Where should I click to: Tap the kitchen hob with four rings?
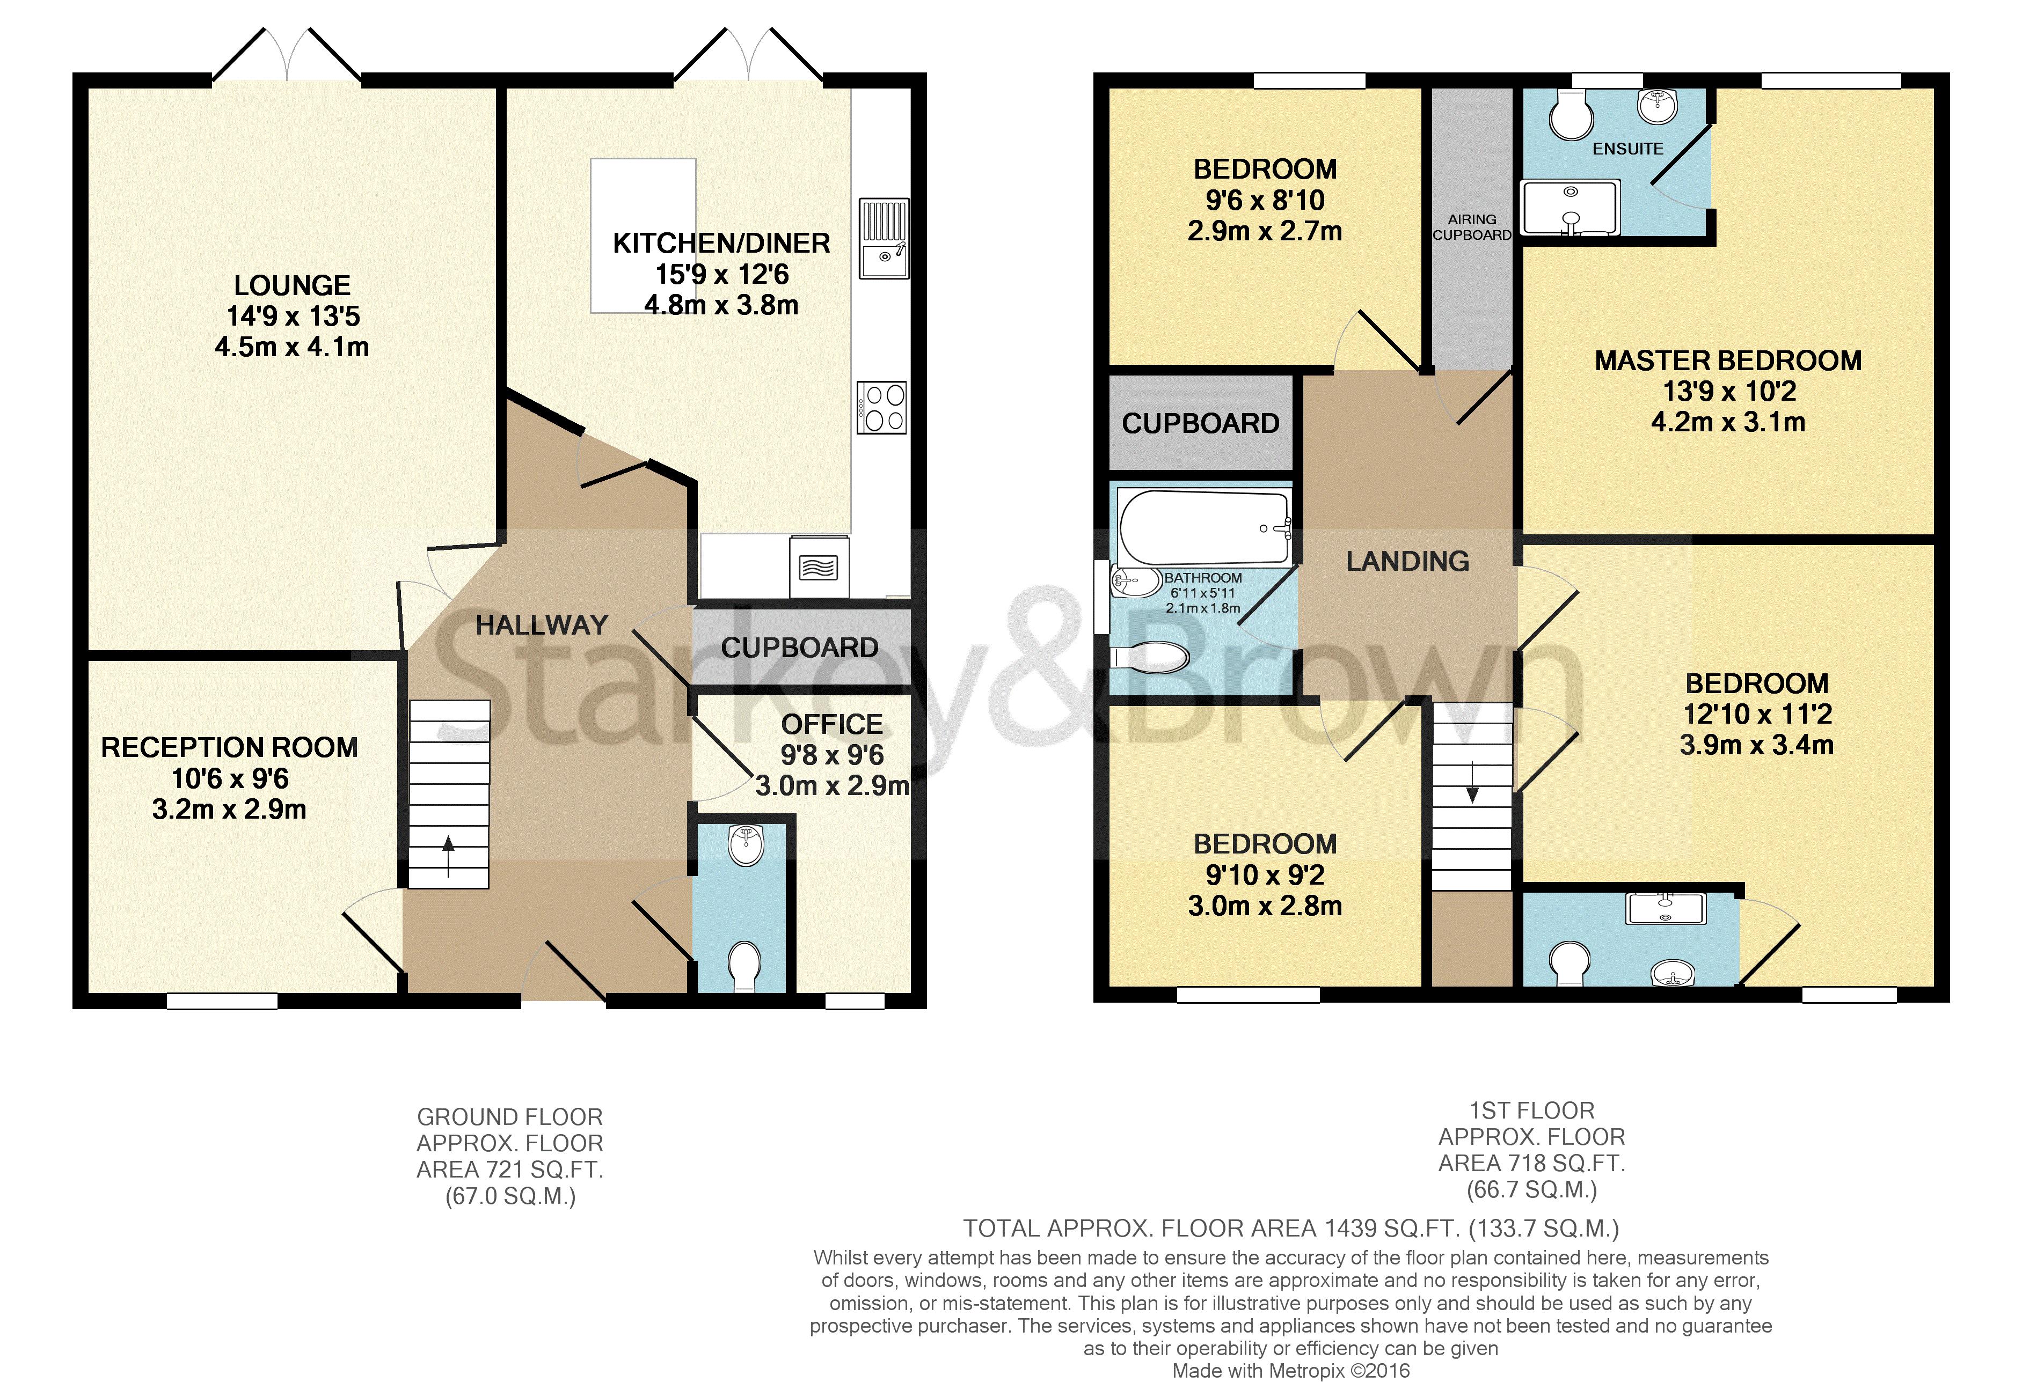click(x=882, y=407)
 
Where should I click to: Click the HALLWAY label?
click(x=542, y=625)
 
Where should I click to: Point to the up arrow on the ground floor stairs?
click(x=449, y=856)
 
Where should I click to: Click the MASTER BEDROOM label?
click(x=1728, y=361)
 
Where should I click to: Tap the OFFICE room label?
click(x=832, y=724)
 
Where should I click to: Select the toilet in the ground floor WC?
click(x=746, y=968)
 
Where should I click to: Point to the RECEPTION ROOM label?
click(x=230, y=747)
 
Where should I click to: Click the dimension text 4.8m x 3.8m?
click(x=721, y=305)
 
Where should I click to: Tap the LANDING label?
click(x=1408, y=561)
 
